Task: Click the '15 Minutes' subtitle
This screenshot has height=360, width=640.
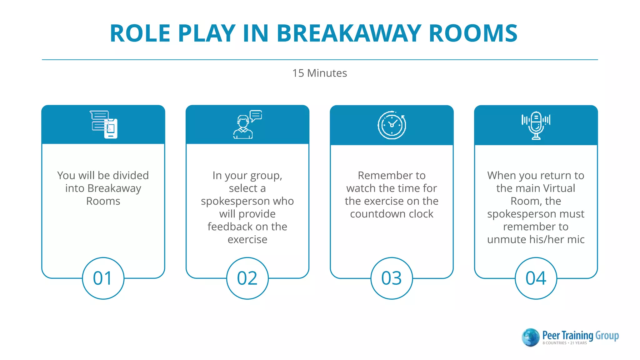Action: click(x=319, y=73)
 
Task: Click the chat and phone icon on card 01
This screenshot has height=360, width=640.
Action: click(x=104, y=124)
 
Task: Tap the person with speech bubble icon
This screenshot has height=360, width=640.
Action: click(x=247, y=124)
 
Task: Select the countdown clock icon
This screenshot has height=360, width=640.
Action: click(x=392, y=125)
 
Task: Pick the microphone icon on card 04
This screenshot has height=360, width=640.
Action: click(x=536, y=125)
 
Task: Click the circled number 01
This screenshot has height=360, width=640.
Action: click(x=103, y=278)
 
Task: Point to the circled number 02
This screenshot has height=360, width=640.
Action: click(x=247, y=278)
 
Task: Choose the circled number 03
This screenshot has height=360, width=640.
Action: click(x=392, y=278)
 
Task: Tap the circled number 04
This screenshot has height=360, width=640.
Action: click(x=536, y=278)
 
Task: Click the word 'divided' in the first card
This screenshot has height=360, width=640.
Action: click(x=131, y=176)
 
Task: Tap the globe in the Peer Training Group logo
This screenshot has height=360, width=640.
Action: click(x=530, y=337)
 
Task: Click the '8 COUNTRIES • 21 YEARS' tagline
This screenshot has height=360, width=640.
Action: click(x=564, y=343)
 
